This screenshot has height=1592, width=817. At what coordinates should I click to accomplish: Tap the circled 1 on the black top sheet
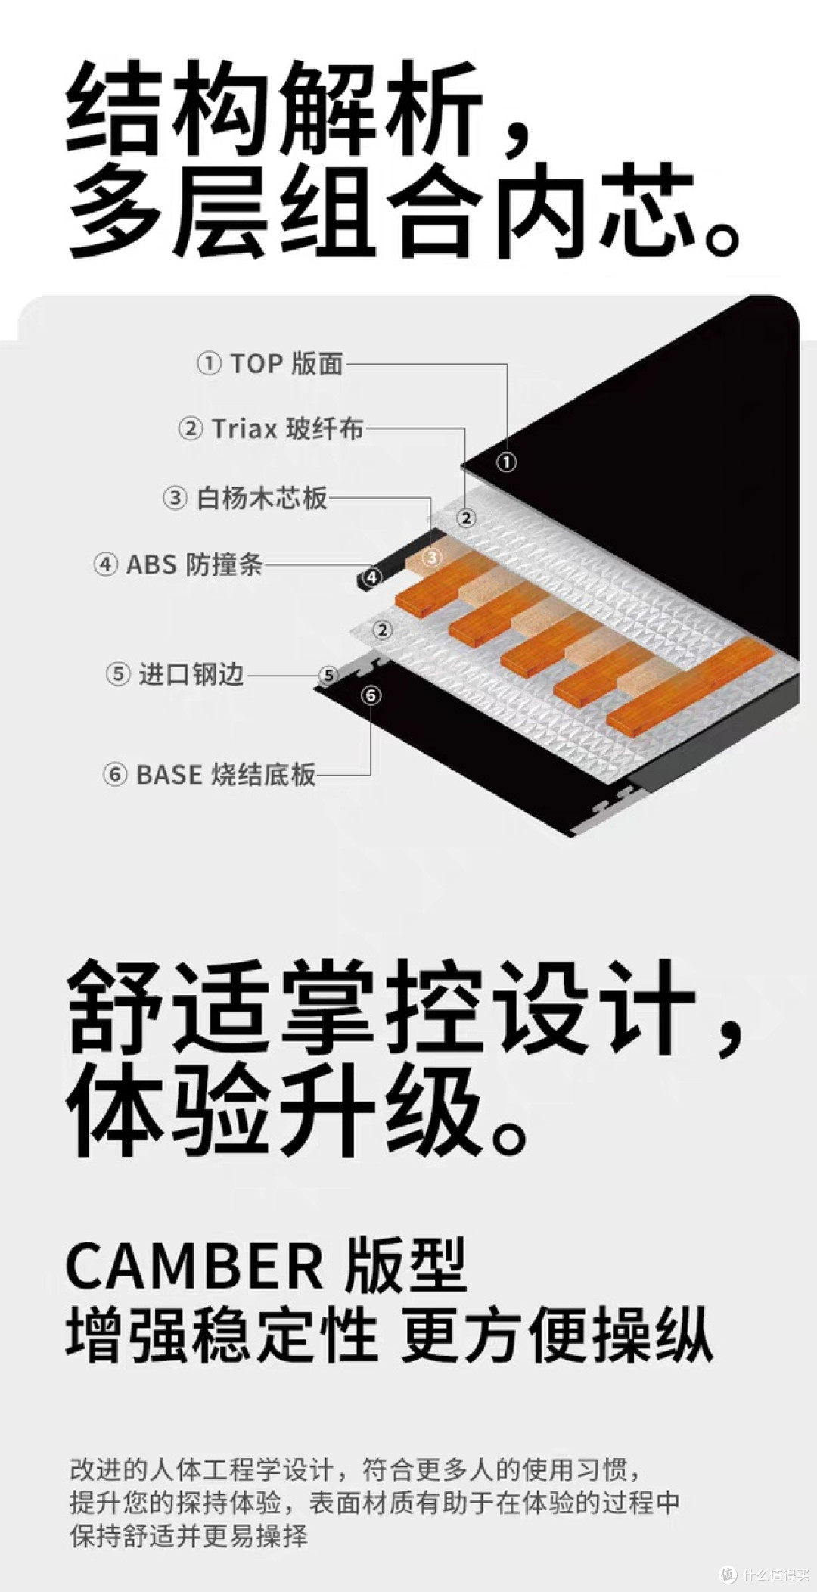(506, 462)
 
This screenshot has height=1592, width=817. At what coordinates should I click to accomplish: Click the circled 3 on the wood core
(431, 558)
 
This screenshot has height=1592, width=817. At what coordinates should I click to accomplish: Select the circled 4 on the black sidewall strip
(371, 577)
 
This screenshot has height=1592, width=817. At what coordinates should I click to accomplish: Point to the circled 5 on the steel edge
(328, 675)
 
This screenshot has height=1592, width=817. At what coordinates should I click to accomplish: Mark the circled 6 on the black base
(371, 695)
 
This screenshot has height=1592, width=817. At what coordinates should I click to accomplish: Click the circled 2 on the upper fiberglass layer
(466, 518)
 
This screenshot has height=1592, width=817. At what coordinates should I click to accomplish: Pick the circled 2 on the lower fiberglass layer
(383, 630)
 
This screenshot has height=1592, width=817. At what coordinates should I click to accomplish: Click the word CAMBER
(194, 1266)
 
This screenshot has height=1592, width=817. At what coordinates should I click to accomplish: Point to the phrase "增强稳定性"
(222, 1336)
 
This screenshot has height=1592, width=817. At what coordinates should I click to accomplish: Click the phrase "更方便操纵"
(557, 1336)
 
